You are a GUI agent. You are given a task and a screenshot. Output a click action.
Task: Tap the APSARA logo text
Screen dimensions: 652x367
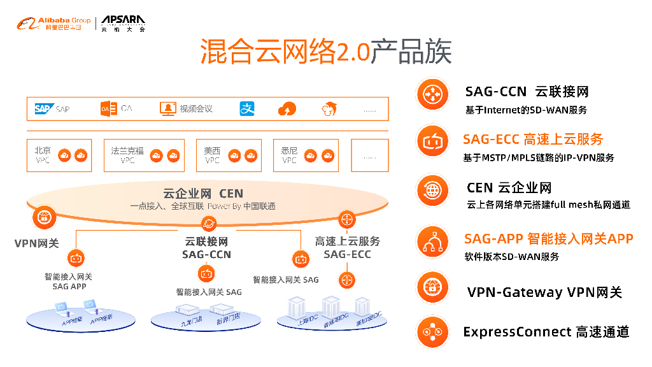123,20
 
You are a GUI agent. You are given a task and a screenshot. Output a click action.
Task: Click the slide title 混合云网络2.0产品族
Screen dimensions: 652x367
326,51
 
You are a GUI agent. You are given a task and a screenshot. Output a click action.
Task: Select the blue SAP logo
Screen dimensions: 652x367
43,109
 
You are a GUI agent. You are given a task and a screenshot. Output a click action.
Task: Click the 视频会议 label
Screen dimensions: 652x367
196,109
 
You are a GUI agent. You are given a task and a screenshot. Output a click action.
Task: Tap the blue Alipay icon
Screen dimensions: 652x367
247,109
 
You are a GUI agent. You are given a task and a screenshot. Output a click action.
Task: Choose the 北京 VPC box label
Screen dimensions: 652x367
43,155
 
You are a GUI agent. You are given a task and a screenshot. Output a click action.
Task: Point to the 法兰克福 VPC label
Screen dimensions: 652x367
127,155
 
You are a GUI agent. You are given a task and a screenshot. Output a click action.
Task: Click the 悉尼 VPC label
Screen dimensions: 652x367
289,155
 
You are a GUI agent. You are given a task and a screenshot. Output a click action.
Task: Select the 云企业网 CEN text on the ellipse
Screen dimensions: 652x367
203,193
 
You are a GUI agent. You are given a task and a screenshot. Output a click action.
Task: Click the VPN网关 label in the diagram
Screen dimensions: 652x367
37,243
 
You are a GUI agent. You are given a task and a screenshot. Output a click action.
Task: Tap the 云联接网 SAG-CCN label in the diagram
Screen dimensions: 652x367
206,248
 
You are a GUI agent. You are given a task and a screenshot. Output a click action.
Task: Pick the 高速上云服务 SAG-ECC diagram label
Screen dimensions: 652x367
347,248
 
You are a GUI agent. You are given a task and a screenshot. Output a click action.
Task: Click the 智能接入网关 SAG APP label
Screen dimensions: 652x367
69,282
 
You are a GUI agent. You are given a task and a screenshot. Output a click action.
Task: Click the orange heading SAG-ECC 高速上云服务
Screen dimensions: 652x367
533,140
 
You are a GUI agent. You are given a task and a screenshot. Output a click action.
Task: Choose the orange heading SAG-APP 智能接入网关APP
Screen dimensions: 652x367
548,239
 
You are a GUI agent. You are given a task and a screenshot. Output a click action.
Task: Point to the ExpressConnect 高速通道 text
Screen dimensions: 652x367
546,332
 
